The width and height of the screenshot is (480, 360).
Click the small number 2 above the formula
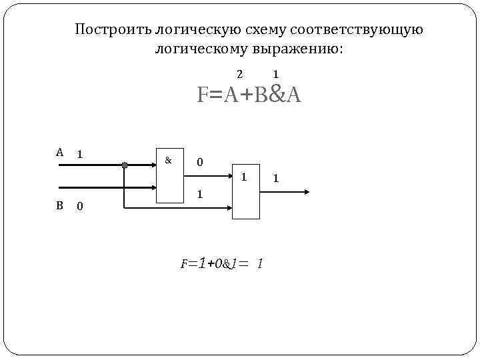coord(240,74)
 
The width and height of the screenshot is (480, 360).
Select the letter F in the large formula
coord(201,95)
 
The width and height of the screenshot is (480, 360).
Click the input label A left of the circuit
coord(59,152)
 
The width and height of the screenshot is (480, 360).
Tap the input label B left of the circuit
coord(59,205)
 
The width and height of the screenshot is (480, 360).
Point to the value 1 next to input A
coord(79,154)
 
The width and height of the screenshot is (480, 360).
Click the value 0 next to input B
coord(79,207)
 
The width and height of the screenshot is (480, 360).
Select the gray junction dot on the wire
coord(124,165)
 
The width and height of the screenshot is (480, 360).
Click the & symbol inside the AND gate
coord(168,160)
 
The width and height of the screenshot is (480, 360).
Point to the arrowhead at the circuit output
coord(306,192)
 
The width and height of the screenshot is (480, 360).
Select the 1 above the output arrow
coord(276,179)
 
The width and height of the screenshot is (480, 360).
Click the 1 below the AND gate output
coord(199,194)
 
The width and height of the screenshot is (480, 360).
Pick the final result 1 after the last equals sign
coord(259,264)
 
